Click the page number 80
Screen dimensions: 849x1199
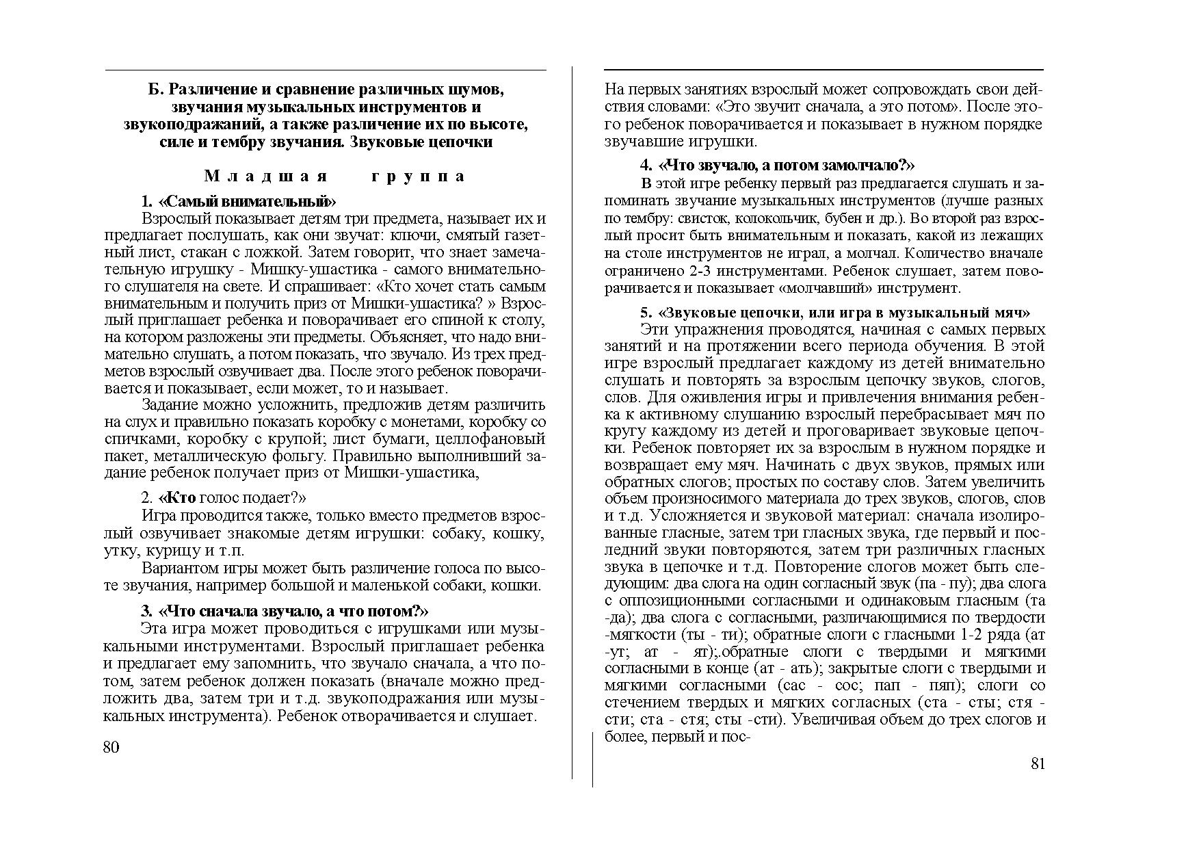[111, 747]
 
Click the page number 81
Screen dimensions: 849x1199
[1038, 764]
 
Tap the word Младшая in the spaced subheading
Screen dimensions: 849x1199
[266, 177]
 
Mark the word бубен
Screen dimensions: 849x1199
[839, 219]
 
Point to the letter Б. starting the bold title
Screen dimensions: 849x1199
[156, 90]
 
